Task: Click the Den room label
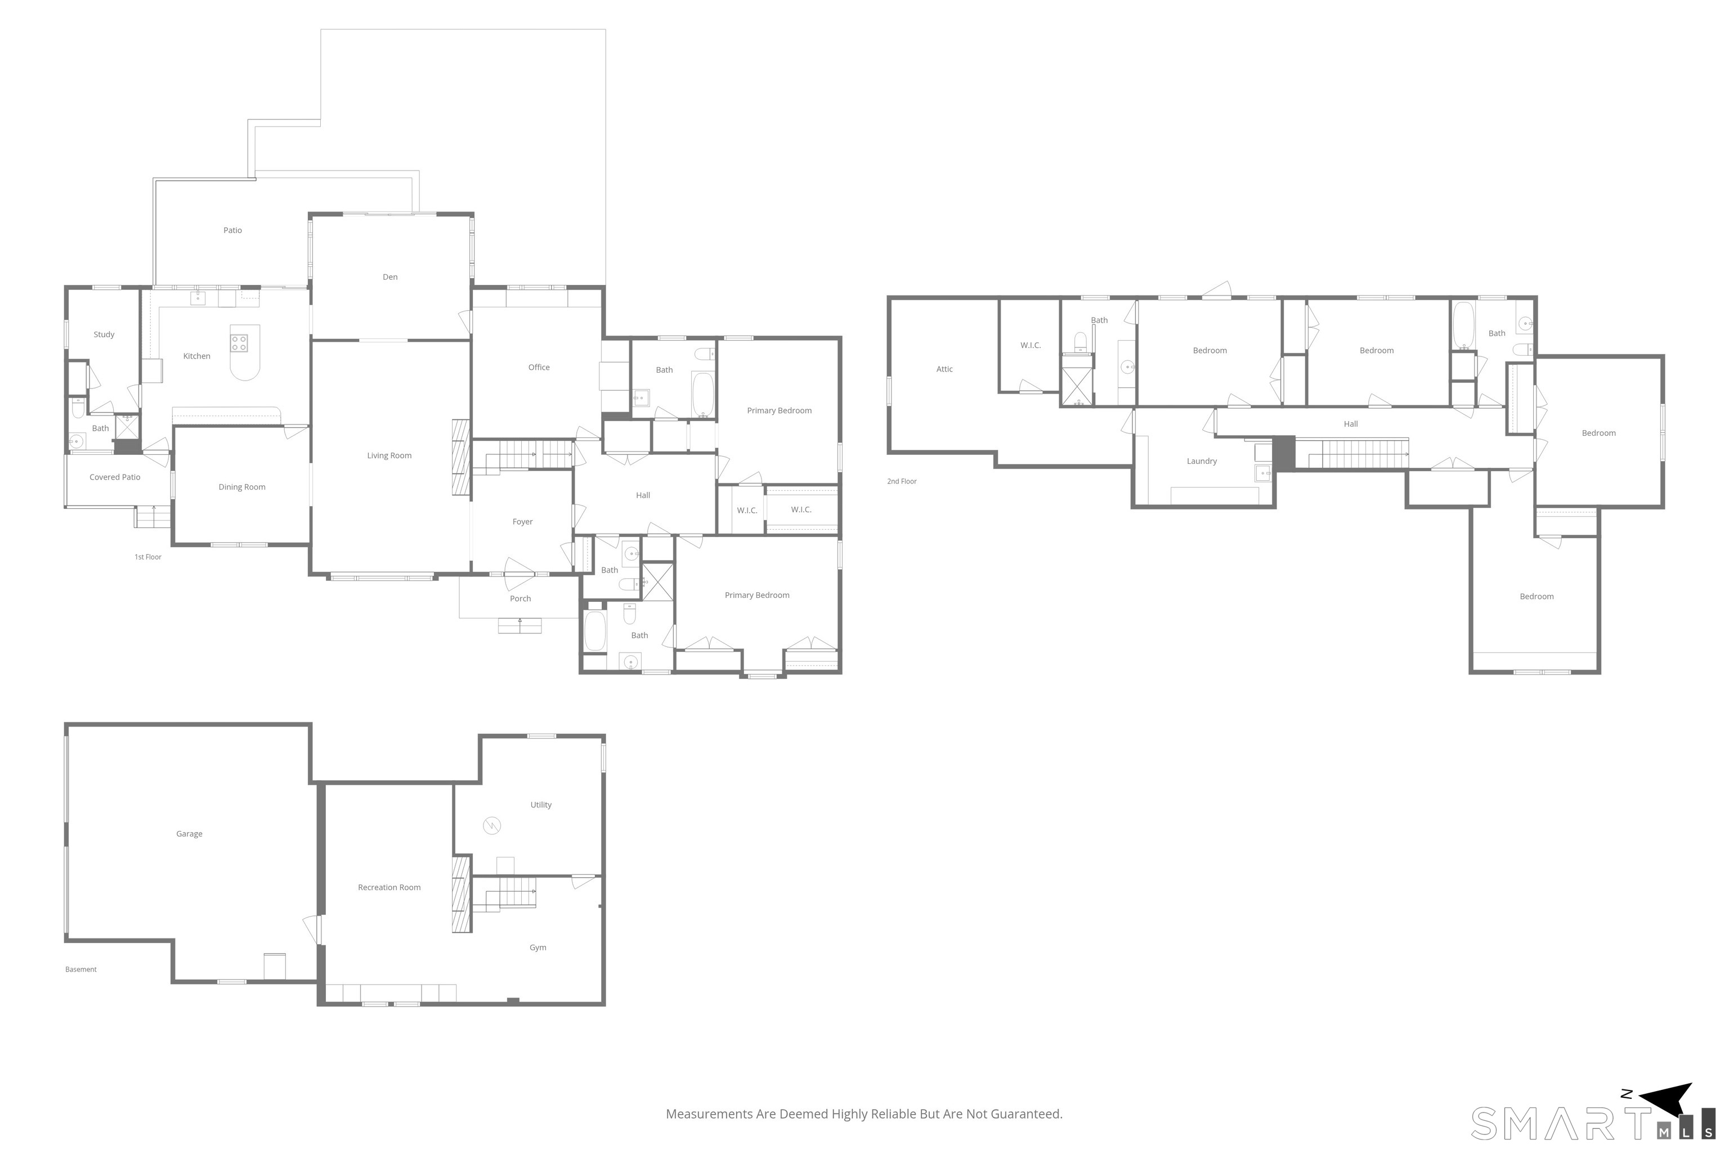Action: (x=391, y=277)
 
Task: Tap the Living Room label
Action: (x=389, y=456)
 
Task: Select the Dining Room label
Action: (x=242, y=487)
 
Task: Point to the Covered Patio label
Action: (x=115, y=477)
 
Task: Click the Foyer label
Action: (x=523, y=522)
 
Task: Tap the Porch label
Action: (x=521, y=598)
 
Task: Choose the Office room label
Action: (x=539, y=368)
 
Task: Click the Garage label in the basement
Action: (x=189, y=834)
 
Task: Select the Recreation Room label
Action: (x=389, y=887)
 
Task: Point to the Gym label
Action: (x=538, y=948)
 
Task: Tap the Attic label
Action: (x=944, y=369)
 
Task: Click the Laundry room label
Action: (x=1202, y=461)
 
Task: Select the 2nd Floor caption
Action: (x=902, y=482)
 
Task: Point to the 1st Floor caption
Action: (x=148, y=557)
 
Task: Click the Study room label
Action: (x=104, y=334)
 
